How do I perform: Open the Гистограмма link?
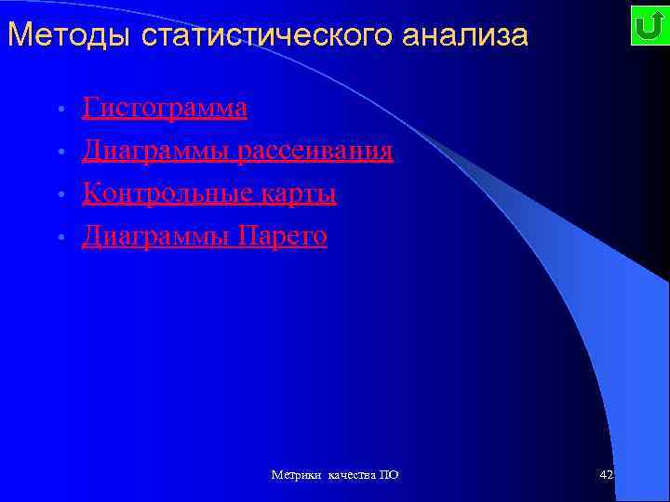tap(165, 108)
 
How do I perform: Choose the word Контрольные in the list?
tap(157, 193)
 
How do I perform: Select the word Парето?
tap(283, 236)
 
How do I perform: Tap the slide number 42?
tap(607, 475)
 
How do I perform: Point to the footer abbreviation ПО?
tap(390, 475)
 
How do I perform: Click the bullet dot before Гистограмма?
tap(60, 111)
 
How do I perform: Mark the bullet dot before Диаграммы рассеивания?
tap(60, 153)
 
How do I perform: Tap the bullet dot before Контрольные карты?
tap(60, 196)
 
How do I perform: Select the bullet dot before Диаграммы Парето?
tap(60, 239)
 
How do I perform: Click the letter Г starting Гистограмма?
tap(89, 108)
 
